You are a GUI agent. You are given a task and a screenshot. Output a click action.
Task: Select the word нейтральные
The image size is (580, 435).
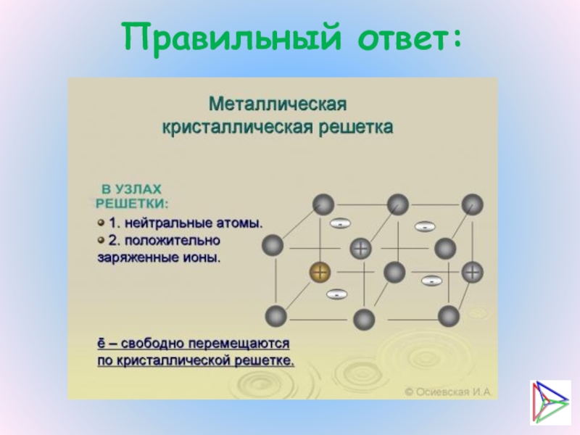172,221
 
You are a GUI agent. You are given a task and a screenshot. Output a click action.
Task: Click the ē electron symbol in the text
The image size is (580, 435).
101,341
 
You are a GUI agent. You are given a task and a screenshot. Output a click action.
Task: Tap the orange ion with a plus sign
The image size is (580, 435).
319,273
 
